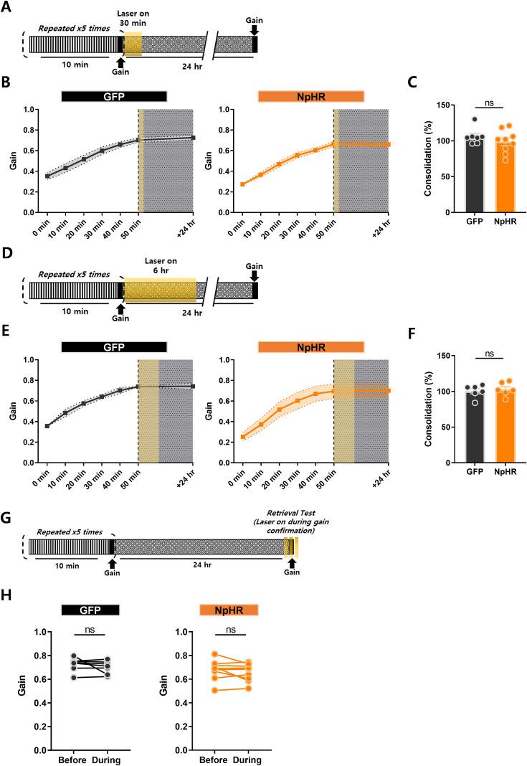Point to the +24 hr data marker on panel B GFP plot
[x=193, y=138]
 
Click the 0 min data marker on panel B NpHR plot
[x=242, y=184]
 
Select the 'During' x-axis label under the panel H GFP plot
[x=108, y=759]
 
